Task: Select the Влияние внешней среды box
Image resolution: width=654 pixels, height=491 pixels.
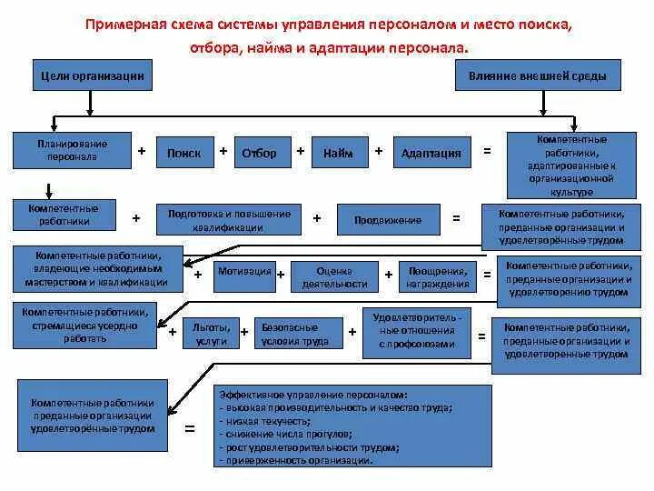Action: point(538,76)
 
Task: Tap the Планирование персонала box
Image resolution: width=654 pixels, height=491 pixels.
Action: point(72,150)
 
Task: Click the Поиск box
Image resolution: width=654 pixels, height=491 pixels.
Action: point(184,153)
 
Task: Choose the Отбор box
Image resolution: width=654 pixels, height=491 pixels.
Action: point(260,153)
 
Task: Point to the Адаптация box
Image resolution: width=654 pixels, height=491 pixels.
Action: point(431,153)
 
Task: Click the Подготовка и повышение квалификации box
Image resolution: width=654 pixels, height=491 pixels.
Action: point(229,219)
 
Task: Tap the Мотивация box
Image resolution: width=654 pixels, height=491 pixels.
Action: point(244,271)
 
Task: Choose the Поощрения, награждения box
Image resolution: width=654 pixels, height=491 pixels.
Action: point(438,276)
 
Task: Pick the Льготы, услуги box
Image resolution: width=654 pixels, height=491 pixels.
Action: point(211,332)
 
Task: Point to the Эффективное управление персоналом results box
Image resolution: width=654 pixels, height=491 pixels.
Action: point(353,426)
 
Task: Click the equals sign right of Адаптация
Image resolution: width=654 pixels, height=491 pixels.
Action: point(487,151)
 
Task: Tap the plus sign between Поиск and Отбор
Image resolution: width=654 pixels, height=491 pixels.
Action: point(223,151)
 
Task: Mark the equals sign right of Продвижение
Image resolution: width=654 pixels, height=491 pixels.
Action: point(457,218)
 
